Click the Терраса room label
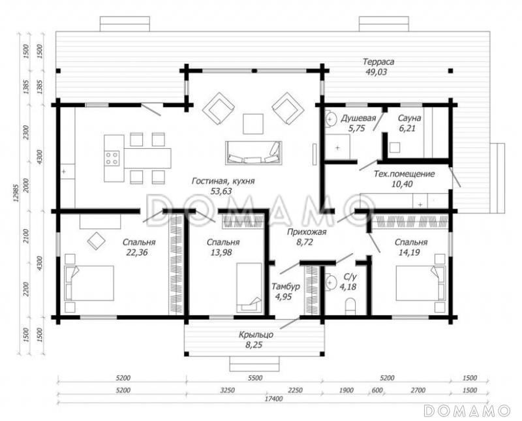click(378, 61)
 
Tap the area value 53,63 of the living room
click(221, 191)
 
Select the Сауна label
click(410, 118)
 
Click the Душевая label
click(358, 118)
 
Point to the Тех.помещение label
click(405, 174)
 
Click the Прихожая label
click(307, 232)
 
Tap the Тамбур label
click(286, 286)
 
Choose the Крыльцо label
click(256, 334)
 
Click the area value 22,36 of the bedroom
click(137, 253)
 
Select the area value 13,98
click(221, 253)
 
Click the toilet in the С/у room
click(350, 307)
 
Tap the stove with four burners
click(112, 158)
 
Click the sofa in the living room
click(253, 153)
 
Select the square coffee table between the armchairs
click(253, 124)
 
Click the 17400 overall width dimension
click(274, 399)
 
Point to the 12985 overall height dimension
click(14, 194)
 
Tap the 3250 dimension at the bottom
click(226, 390)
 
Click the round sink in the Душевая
click(331, 118)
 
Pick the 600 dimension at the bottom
click(377, 390)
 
